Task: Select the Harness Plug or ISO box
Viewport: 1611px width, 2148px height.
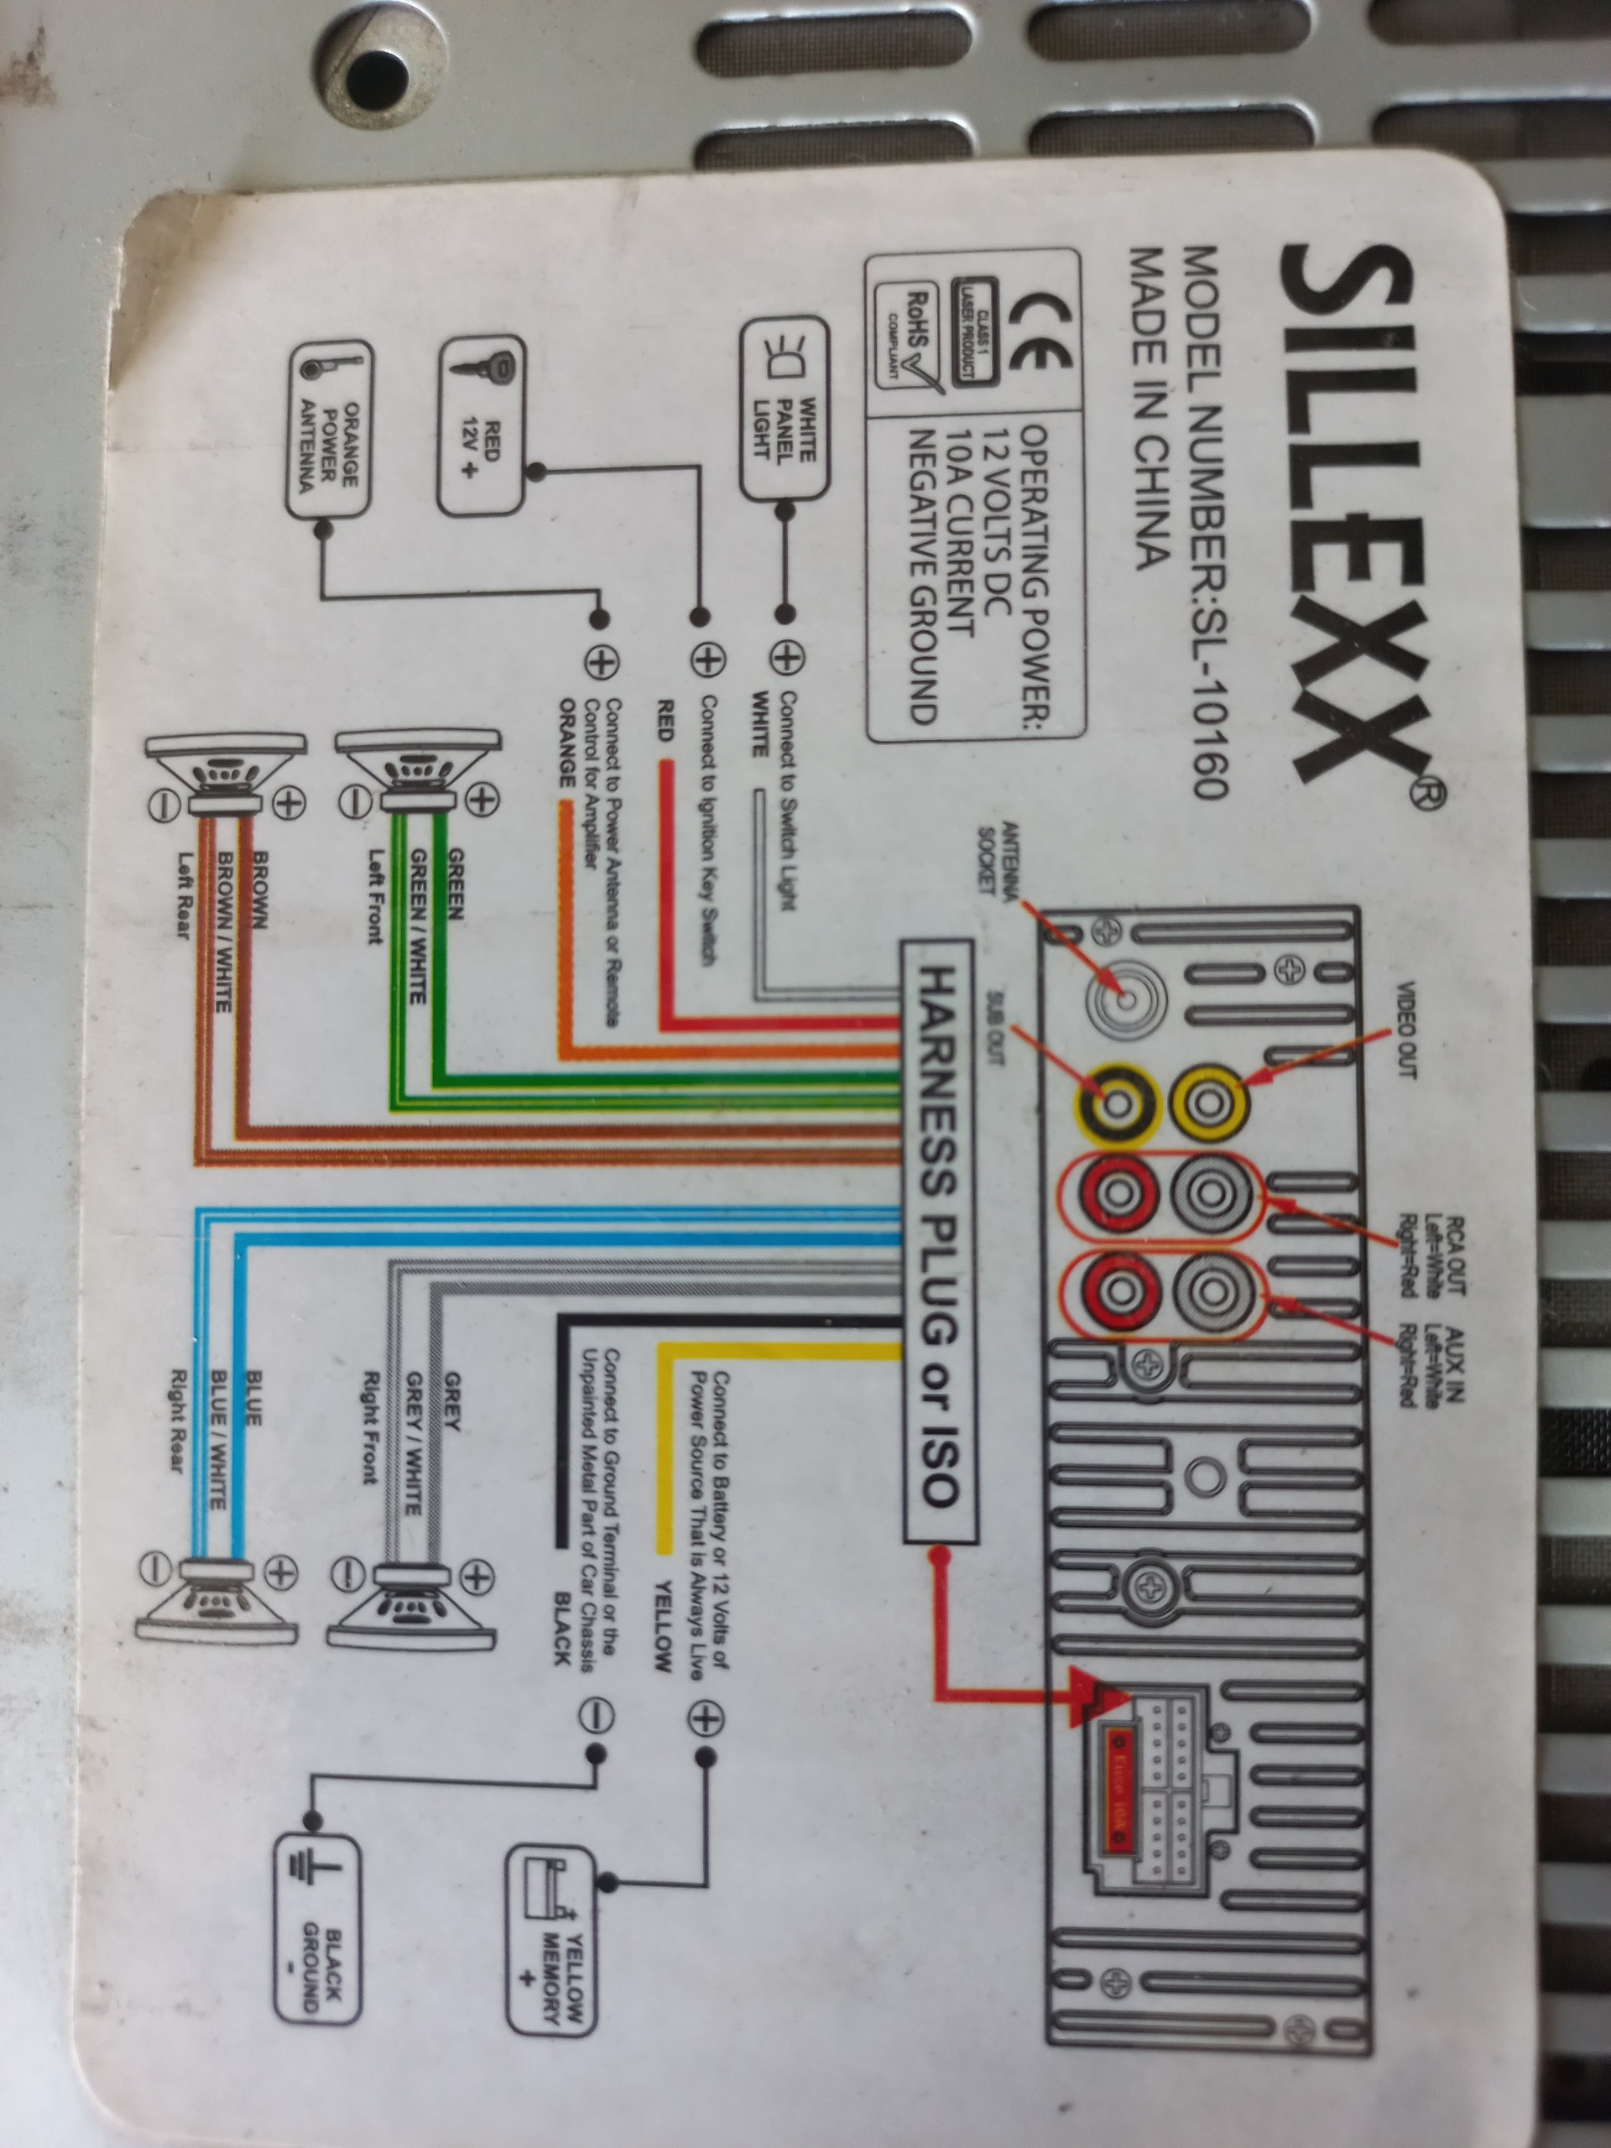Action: (938, 1240)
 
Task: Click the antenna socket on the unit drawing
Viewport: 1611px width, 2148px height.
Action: (1124, 999)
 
